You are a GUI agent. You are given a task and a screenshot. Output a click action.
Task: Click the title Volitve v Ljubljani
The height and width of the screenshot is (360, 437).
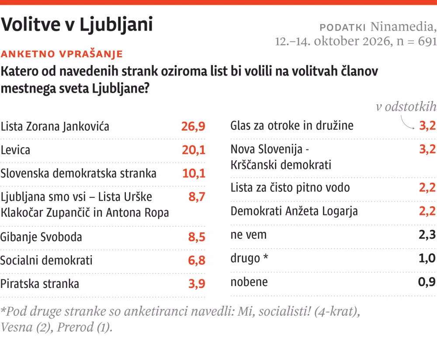(77, 25)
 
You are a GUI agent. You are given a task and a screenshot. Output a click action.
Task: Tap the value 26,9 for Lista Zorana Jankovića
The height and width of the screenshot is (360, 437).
(193, 127)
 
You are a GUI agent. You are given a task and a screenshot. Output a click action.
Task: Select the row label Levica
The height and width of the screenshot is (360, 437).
(15, 150)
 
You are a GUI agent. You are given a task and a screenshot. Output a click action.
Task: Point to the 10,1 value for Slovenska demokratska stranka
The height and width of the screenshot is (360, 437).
(194, 173)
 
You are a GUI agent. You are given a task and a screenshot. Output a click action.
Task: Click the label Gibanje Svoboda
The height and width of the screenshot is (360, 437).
(41, 237)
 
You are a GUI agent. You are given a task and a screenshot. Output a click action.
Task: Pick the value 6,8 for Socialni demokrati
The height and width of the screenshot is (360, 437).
(197, 260)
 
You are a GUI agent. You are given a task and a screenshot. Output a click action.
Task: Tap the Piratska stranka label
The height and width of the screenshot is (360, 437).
(40, 284)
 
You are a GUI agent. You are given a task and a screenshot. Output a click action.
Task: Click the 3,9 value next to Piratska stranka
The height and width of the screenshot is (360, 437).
(197, 284)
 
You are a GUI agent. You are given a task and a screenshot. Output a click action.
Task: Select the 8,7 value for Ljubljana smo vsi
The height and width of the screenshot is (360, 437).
(197, 197)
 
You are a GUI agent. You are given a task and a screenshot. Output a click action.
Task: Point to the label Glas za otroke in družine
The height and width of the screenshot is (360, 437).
(292, 126)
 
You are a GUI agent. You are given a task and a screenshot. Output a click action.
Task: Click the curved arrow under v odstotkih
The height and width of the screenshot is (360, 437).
(407, 123)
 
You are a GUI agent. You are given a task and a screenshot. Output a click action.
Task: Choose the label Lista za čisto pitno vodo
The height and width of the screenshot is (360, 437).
(290, 187)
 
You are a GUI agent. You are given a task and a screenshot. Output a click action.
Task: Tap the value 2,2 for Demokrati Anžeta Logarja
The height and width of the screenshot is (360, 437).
(427, 211)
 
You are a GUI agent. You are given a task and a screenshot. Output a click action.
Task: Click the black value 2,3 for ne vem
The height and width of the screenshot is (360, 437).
(427, 235)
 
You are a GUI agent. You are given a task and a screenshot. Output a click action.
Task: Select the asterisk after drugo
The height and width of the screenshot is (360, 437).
(266, 256)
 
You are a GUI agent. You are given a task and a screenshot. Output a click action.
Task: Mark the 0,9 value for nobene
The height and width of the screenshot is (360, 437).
(427, 282)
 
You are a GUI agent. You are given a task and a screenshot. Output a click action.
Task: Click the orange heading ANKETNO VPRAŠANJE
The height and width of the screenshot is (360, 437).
(62, 54)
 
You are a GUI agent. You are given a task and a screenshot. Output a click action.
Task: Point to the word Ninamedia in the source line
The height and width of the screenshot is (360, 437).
(402, 27)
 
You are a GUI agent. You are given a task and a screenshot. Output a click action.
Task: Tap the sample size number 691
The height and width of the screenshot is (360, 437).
(427, 41)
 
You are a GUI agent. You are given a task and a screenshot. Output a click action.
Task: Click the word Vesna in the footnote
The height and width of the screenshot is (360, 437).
(17, 327)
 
